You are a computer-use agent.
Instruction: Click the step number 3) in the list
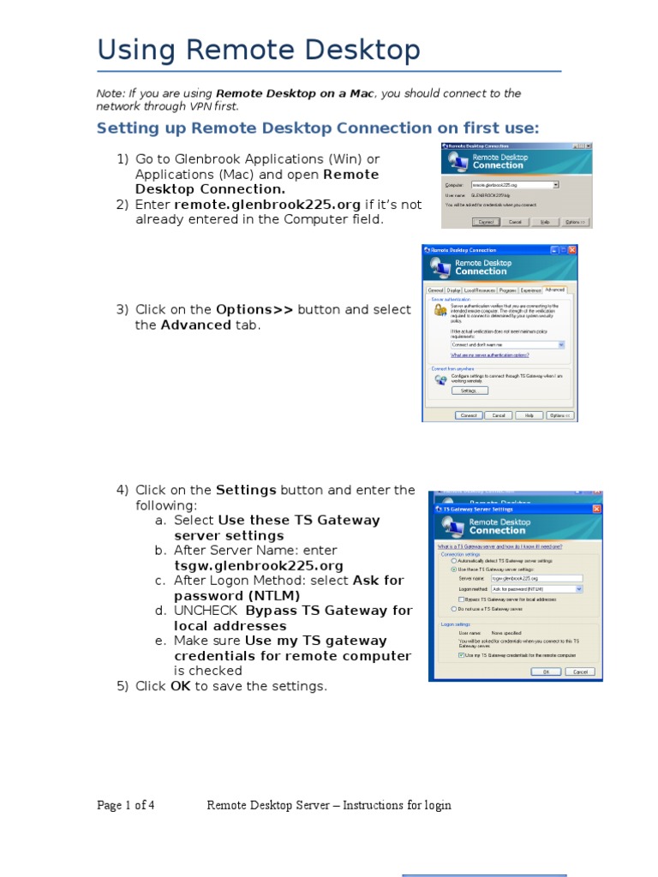123,309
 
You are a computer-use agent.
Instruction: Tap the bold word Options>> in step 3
254,309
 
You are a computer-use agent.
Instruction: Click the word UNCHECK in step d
206,611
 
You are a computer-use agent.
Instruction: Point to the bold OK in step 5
180,686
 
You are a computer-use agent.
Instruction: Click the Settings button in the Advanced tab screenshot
469,391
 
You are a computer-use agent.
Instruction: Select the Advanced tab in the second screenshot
554,290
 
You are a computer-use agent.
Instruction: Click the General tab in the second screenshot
436,290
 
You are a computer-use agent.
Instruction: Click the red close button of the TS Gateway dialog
595,509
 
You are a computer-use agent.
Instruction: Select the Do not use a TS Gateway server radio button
454,608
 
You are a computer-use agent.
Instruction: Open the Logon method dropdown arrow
579,589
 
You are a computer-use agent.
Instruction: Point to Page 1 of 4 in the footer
126,805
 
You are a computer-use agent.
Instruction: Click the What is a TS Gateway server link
499,546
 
